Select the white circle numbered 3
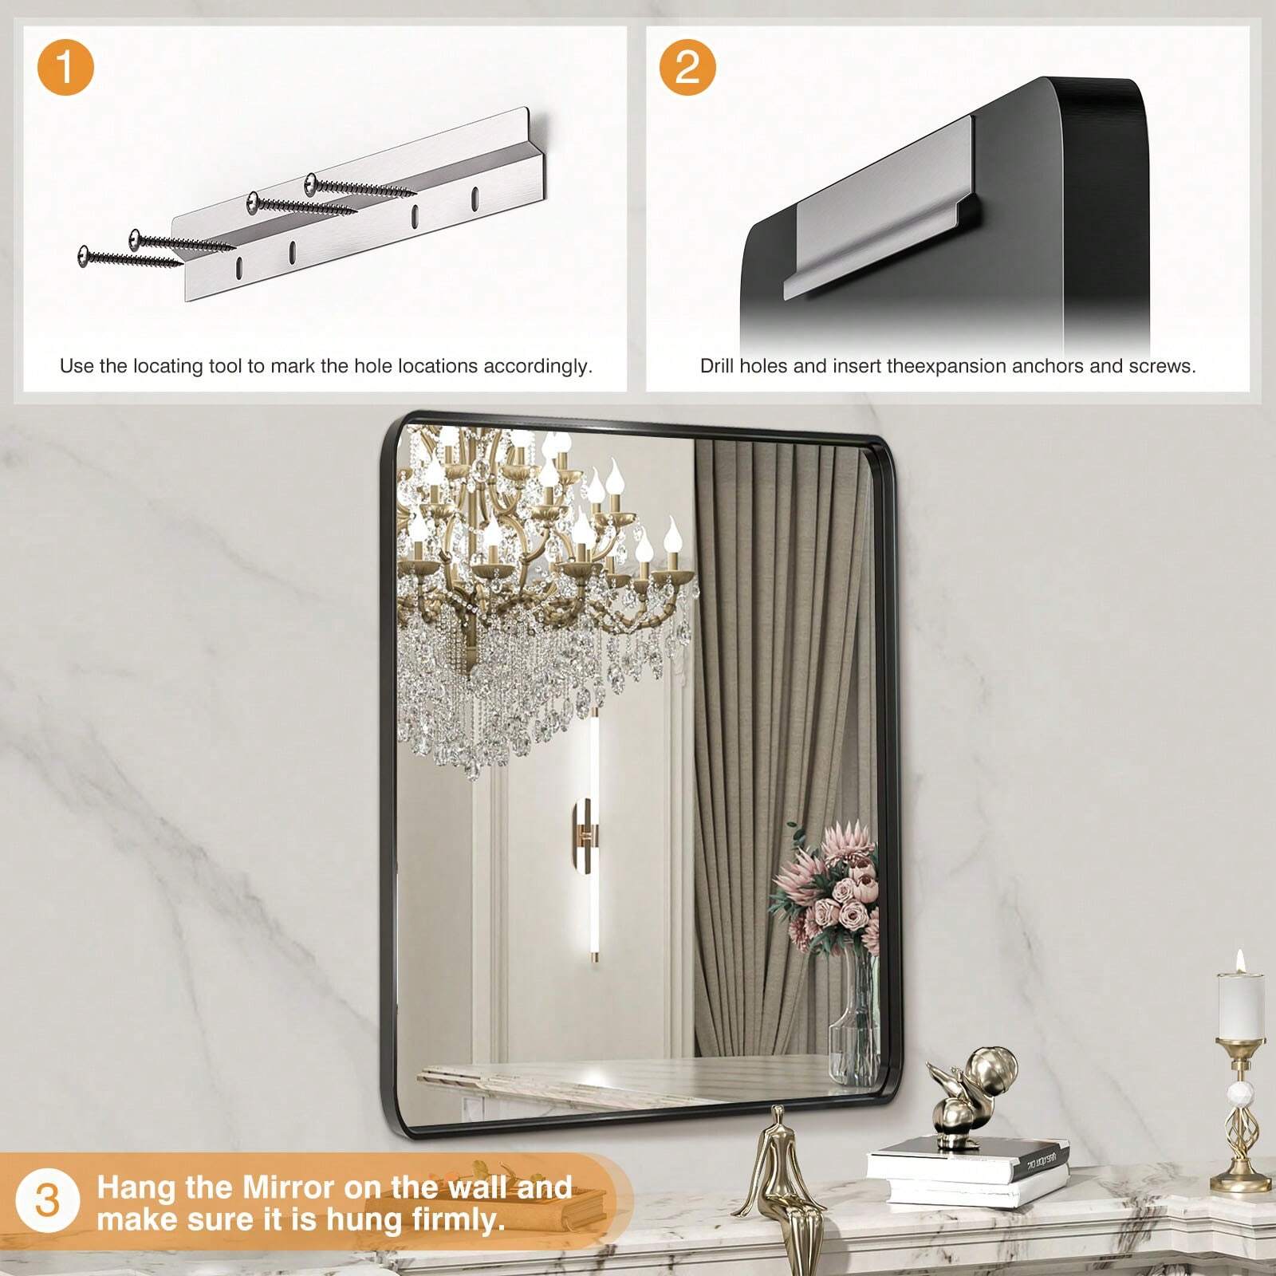point(48,1199)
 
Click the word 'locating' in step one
point(171,367)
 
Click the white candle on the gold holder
point(1240,1006)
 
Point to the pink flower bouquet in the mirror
point(826,889)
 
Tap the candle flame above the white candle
point(1240,960)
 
